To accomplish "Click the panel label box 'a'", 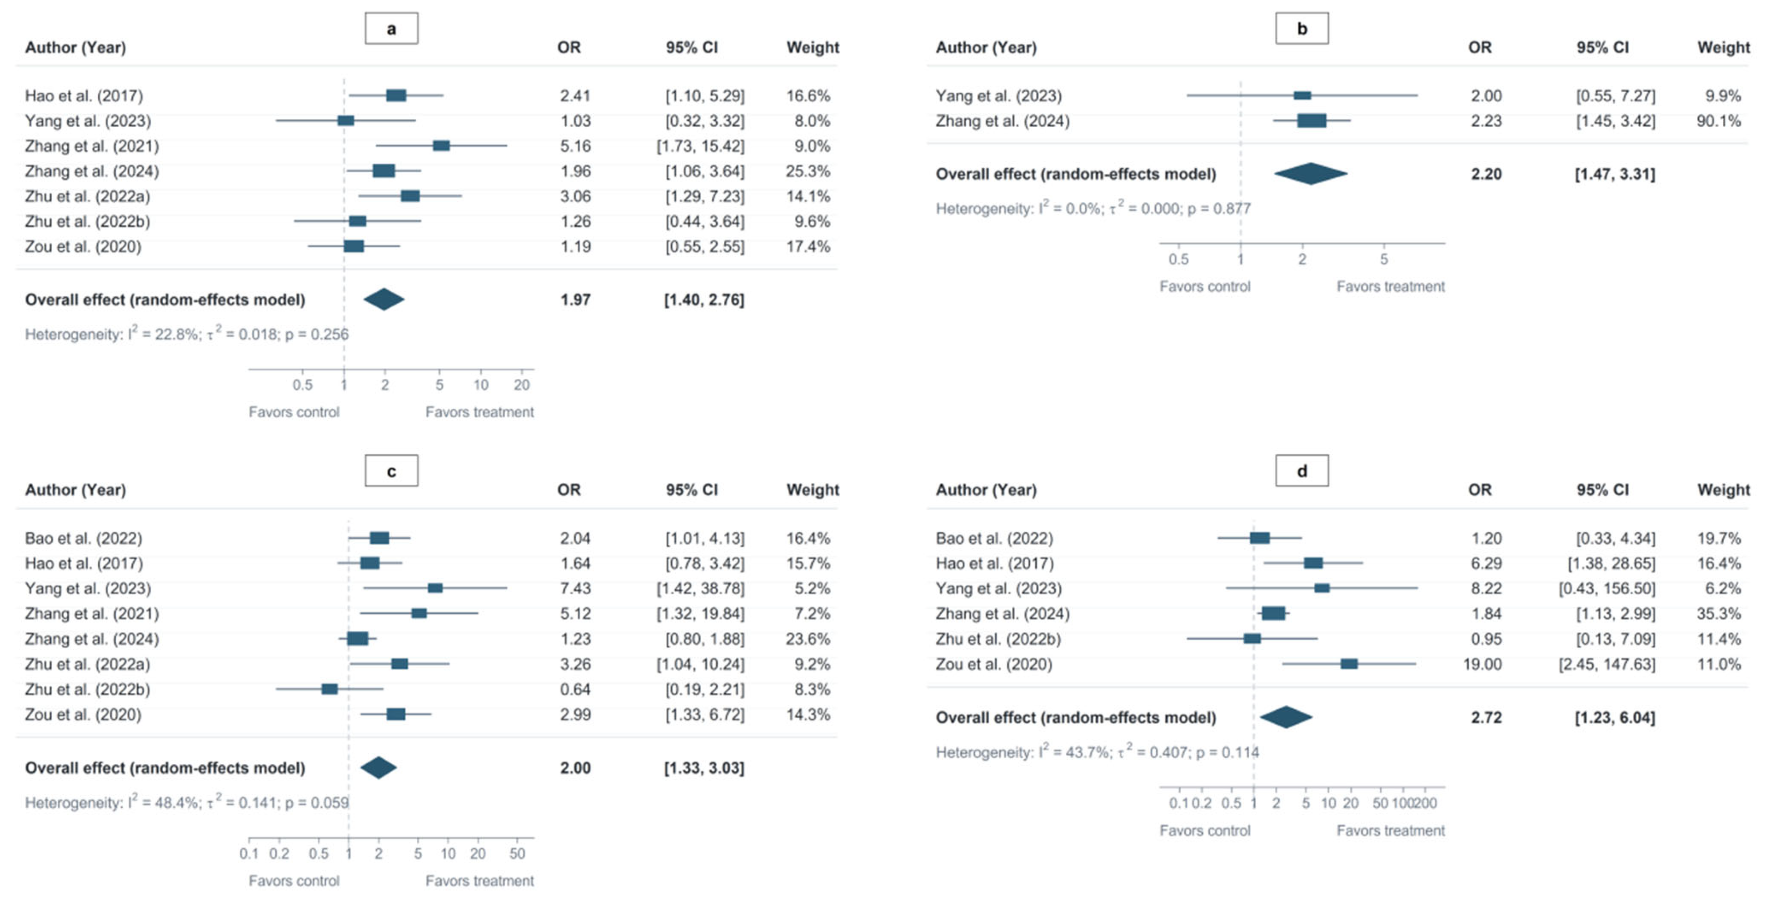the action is click(391, 28).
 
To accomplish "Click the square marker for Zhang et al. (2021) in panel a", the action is click(441, 146).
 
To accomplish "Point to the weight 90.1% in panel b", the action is click(1718, 121).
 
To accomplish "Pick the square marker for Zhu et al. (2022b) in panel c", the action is click(330, 689).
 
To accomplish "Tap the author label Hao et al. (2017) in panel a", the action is click(84, 95).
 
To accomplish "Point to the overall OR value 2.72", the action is click(1486, 717).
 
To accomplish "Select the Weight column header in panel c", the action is click(813, 490).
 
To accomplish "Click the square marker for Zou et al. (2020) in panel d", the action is click(1349, 664).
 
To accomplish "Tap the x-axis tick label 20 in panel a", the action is click(522, 385).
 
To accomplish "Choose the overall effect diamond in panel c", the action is click(379, 767).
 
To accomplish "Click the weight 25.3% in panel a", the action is click(808, 171).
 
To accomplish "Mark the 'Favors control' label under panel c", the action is click(294, 881).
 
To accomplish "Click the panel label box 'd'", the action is click(1302, 471).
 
